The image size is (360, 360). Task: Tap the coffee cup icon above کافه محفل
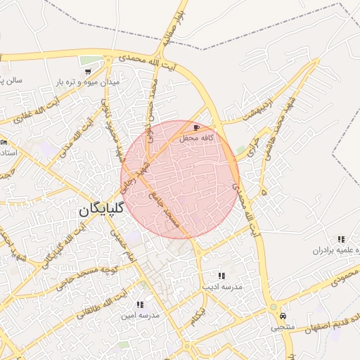click(x=195, y=128)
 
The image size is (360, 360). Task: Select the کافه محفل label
click(x=196, y=139)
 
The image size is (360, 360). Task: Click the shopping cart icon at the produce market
click(x=87, y=72)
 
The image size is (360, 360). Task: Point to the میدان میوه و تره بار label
click(x=88, y=82)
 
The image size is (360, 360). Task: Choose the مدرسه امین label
click(x=140, y=316)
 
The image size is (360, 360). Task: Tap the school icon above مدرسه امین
click(x=139, y=305)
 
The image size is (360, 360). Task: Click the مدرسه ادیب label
click(x=222, y=287)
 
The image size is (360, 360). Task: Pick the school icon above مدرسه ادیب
click(x=221, y=276)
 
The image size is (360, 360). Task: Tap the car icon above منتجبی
click(x=283, y=316)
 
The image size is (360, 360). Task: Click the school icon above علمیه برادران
click(x=342, y=240)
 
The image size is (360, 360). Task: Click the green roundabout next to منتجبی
click(x=272, y=307)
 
